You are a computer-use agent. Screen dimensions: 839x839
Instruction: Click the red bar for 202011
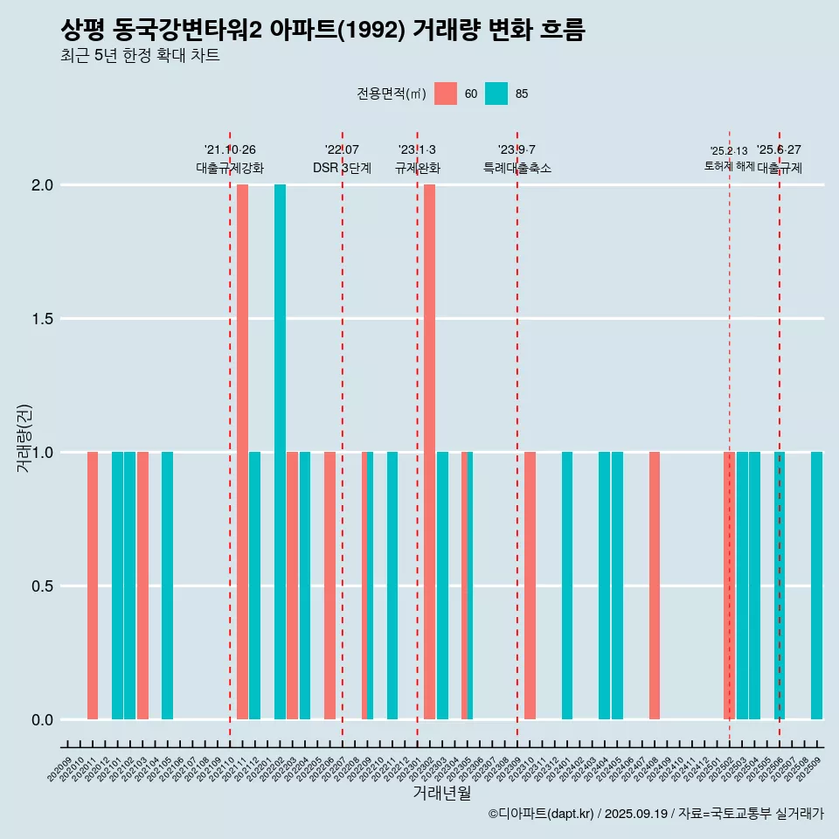(93, 586)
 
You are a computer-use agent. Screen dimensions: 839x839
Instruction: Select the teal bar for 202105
(167, 586)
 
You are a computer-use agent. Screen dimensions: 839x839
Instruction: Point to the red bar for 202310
(530, 586)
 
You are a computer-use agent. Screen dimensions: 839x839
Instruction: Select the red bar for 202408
(654, 586)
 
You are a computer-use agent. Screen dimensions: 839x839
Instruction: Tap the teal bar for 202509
(816, 586)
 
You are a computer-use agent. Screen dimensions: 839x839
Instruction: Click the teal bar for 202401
(567, 586)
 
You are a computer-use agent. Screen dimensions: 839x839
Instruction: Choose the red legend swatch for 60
(446, 94)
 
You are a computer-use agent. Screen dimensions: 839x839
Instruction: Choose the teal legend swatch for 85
(496, 94)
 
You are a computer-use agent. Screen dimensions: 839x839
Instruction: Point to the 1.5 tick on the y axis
(42, 319)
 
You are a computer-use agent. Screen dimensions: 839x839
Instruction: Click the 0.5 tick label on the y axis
(42, 586)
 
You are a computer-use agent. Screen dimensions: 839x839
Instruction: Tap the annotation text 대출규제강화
(230, 168)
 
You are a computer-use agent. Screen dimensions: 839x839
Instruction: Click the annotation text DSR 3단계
(342, 168)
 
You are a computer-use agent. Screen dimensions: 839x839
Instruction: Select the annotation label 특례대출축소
(517, 168)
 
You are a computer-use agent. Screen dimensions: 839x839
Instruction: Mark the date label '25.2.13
(728, 151)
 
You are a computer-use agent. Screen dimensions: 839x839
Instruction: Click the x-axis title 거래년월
(441, 794)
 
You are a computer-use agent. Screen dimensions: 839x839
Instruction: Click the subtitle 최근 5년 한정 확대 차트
(140, 56)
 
